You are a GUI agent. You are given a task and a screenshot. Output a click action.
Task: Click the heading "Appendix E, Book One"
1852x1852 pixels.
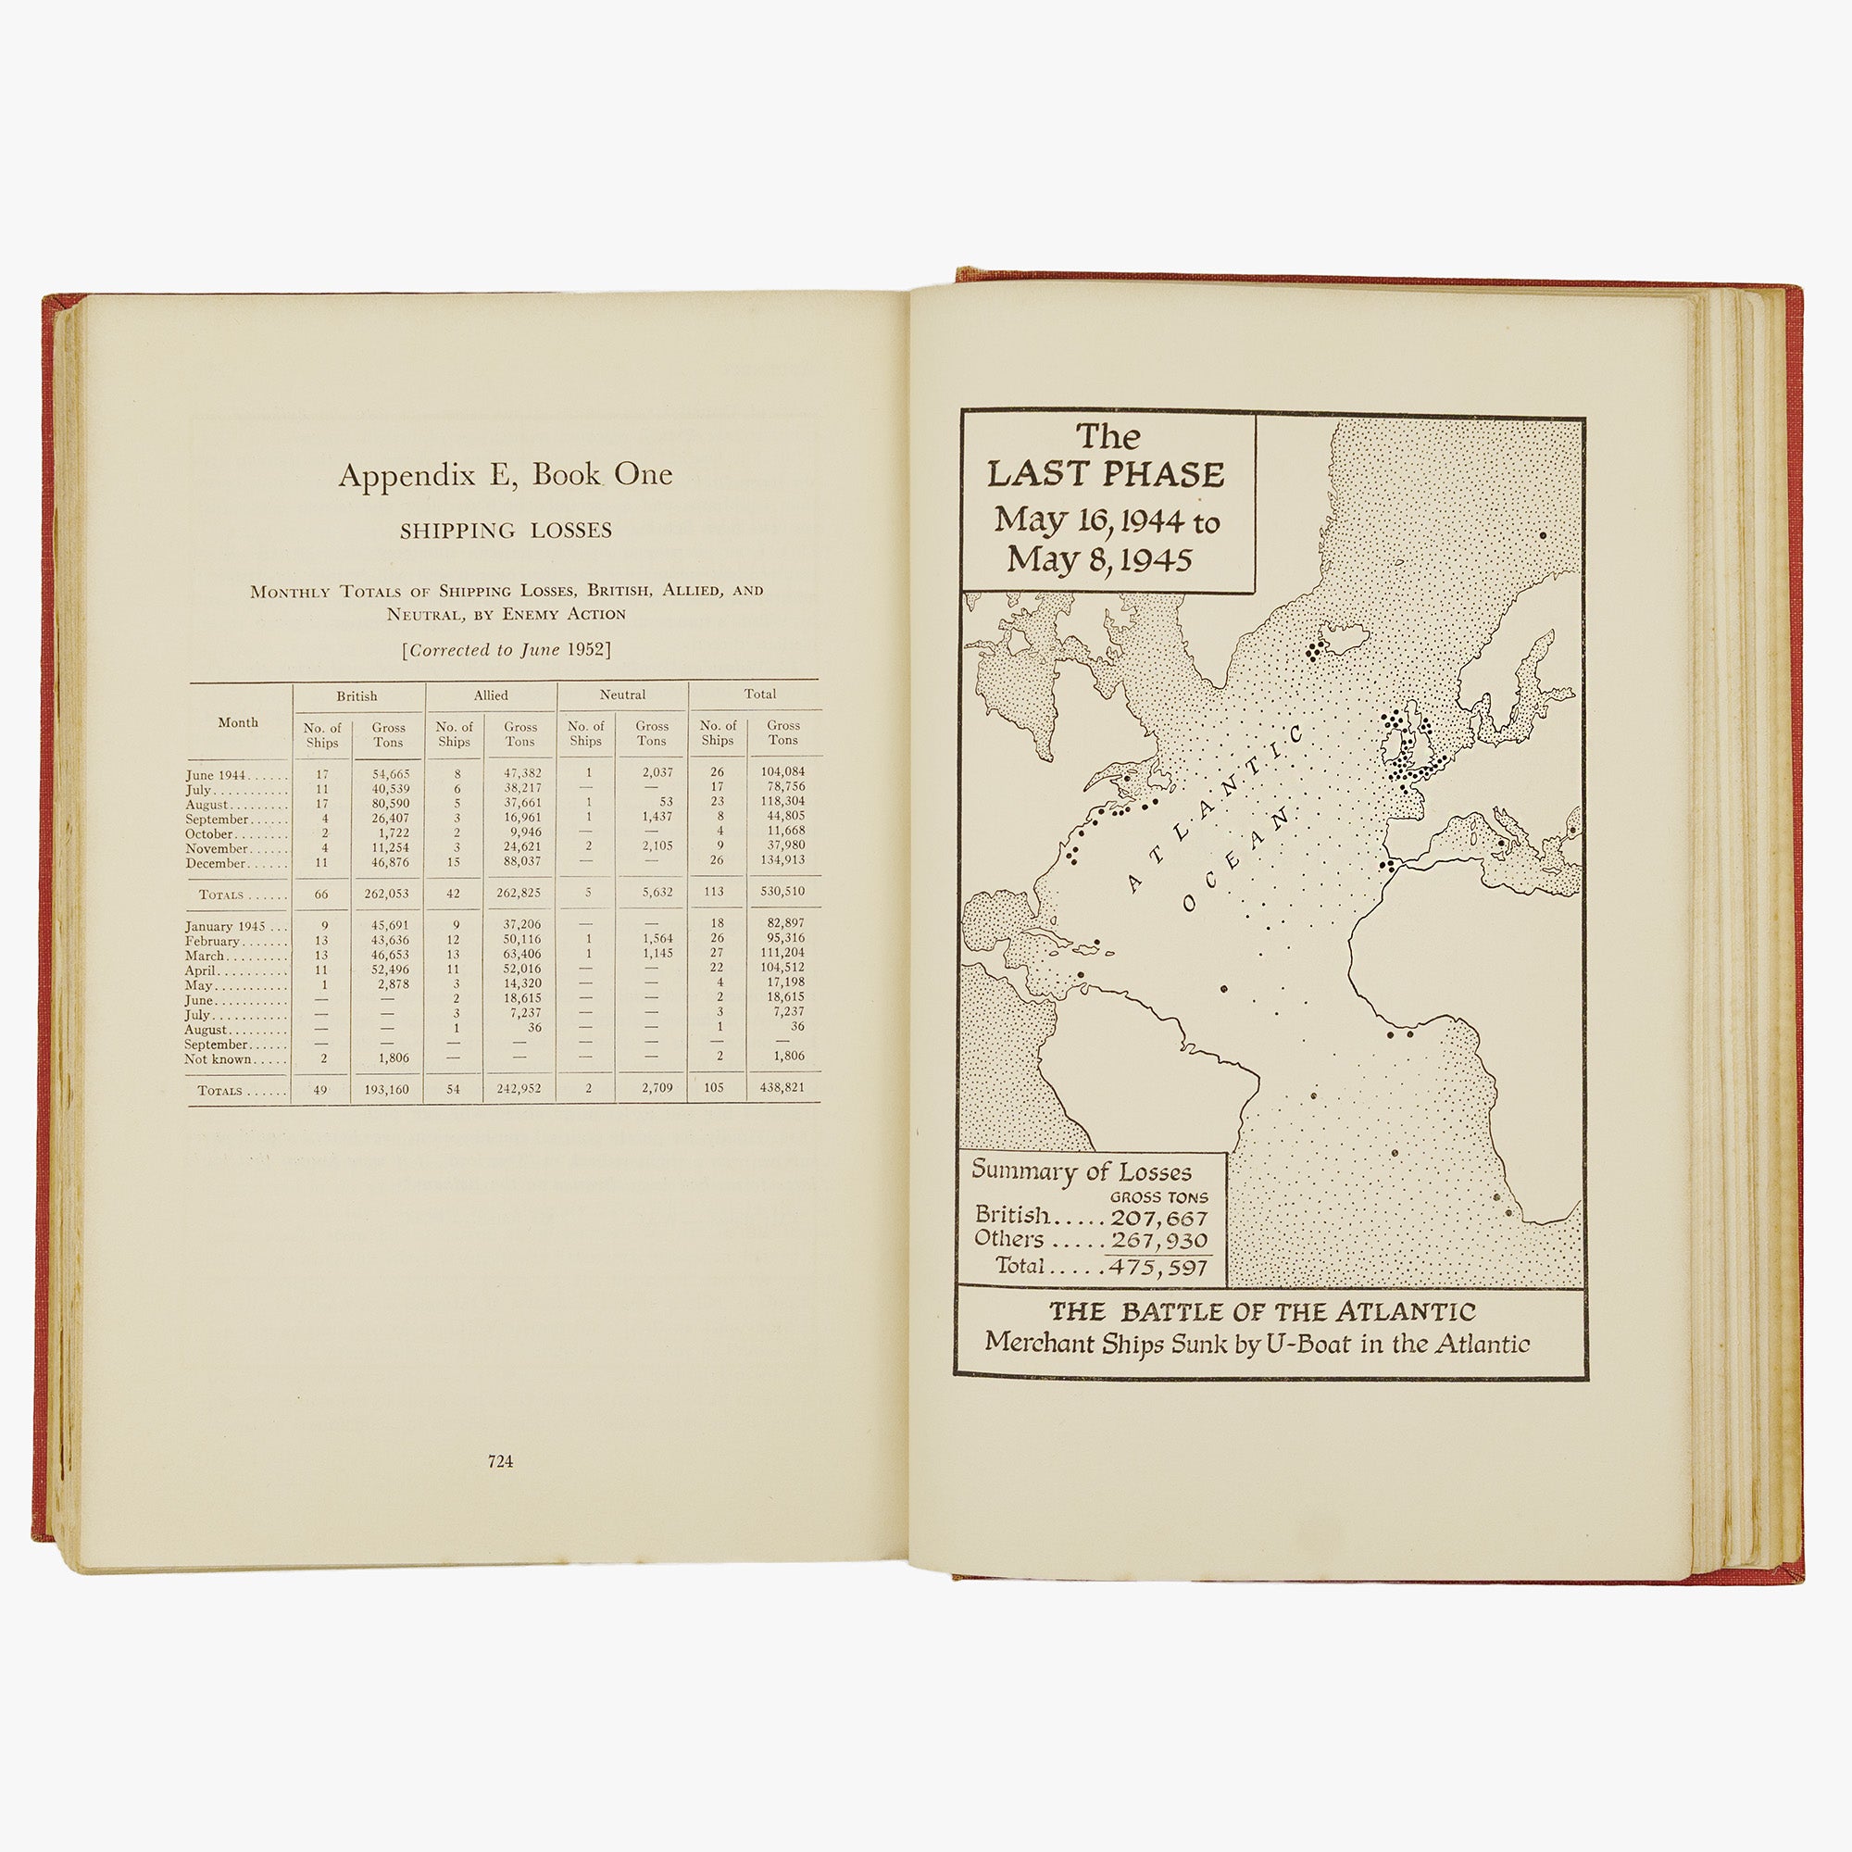[506, 475]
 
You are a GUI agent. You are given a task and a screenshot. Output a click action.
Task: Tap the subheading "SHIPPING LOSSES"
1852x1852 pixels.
[506, 531]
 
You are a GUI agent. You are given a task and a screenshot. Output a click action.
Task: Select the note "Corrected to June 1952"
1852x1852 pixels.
[507, 650]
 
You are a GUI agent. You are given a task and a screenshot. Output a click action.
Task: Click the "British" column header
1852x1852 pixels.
[357, 696]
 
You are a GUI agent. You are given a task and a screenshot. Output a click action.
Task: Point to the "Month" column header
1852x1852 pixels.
[238, 723]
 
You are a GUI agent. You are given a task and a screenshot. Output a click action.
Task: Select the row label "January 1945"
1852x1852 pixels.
[223, 926]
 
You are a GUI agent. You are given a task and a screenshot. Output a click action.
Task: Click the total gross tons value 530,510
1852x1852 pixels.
[782, 892]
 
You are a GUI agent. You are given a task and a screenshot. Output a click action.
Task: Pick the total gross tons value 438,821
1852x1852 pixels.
[782, 1088]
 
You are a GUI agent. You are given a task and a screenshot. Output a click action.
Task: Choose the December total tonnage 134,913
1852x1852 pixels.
[782, 860]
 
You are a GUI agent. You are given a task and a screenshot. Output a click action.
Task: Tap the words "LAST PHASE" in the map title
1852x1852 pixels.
[1107, 474]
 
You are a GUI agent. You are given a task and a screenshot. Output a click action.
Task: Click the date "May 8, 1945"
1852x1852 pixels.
[1099, 560]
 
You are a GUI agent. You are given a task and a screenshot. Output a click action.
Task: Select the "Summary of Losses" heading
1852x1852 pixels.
[1082, 1170]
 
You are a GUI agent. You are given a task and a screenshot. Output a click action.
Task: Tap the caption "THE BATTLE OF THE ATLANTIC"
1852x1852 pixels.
[1261, 1311]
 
